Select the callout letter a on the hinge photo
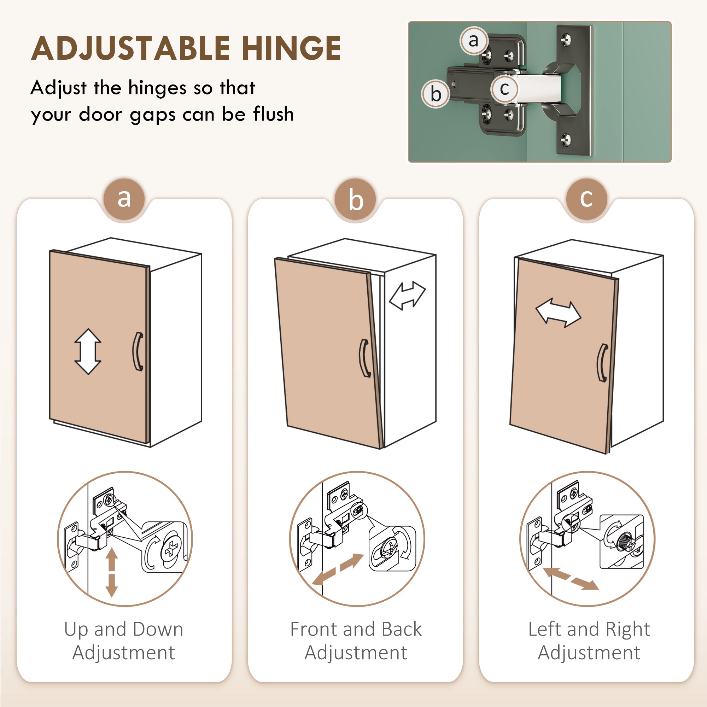coord(474,40)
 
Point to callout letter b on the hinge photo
coord(436,94)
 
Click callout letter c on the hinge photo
coord(505,89)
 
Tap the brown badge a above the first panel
coord(124,199)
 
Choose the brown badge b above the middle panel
coord(355,199)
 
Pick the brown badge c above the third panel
coord(586,199)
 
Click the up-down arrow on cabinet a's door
coord(88,352)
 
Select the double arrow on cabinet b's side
coord(407,296)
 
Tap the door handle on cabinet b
coord(364,358)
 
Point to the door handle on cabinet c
coord(602,363)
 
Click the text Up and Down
coord(124,630)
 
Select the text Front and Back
coord(356,630)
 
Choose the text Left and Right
coord(589,630)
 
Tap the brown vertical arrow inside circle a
coord(112,572)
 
